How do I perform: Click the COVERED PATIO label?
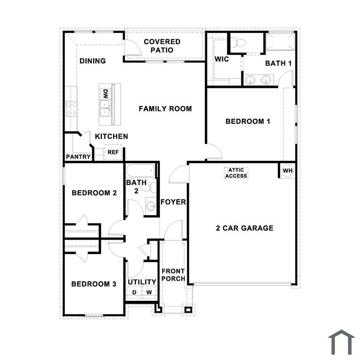point(162,46)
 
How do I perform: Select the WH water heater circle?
point(287,171)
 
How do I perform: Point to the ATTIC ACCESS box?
point(236,173)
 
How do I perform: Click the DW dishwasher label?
point(105,94)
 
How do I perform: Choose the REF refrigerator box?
point(113,152)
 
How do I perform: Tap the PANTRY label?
point(78,157)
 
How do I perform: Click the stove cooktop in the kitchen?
point(71,109)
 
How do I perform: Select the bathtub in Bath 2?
point(141,171)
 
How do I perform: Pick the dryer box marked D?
point(134,292)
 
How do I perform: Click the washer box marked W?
point(149,292)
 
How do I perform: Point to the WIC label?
point(222,59)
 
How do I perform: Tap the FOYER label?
point(173,202)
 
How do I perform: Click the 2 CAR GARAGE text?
point(245,228)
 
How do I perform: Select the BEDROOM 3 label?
point(94,284)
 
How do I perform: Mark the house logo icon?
point(341,343)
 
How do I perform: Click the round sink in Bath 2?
point(151,206)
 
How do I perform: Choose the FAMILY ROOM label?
point(165,109)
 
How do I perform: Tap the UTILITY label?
point(142,282)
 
